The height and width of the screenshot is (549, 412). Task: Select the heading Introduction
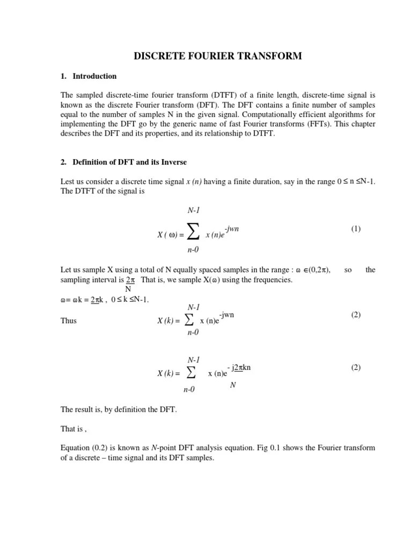pos(94,76)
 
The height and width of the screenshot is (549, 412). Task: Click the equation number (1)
pos(356,229)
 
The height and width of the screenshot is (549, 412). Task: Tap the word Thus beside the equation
pos(69,321)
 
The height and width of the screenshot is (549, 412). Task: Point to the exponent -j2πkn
pos(239,367)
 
